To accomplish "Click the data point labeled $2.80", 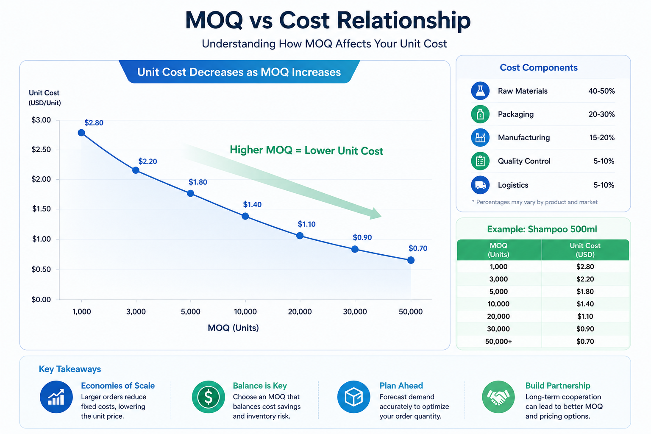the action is (81, 133).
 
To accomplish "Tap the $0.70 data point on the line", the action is (411, 260).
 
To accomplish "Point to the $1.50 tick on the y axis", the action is (41, 209).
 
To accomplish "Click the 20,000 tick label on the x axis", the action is (300, 312).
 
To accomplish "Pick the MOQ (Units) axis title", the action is (233, 328).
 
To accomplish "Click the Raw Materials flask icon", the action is (480, 91).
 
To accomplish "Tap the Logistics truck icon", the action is (480, 185).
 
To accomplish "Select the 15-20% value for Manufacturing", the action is (602, 137).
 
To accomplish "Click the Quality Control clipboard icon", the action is (480, 161).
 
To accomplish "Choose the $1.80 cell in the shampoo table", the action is (585, 291).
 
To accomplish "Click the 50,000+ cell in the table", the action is (498, 341).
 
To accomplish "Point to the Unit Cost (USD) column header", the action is (585, 250).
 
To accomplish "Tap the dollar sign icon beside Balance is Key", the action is (209, 397).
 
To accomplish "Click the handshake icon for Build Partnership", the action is (498, 397).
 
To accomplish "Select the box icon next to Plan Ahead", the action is (354, 397).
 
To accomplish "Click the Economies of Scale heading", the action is (118, 385).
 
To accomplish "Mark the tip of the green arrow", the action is (381, 216).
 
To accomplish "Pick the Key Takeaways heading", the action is (70, 369).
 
